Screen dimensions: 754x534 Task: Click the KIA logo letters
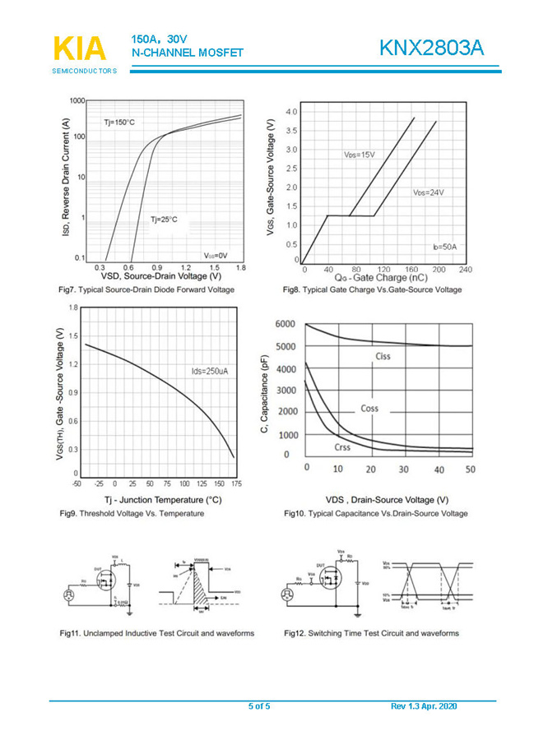(x=80, y=49)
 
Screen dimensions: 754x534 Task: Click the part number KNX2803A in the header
(x=431, y=49)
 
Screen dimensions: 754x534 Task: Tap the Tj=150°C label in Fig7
(x=118, y=123)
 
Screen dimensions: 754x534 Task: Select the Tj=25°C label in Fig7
(x=163, y=220)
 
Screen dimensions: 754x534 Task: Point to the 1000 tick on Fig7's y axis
(x=77, y=101)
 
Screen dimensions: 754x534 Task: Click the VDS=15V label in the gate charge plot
(x=359, y=155)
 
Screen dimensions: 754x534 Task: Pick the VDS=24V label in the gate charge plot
(x=428, y=192)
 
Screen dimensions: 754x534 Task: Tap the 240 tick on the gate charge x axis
(x=465, y=270)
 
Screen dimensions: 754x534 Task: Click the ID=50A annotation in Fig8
(x=444, y=247)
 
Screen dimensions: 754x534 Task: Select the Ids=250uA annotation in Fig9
(x=209, y=372)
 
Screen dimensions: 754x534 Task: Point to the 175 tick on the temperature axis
(x=237, y=484)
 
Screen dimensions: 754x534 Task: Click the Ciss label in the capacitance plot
(x=383, y=356)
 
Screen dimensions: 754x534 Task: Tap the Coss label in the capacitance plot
(x=369, y=409)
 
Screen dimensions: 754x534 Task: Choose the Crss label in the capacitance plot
(x=342, y=447)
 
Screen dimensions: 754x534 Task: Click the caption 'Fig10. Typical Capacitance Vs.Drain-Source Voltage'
(x=375, y=514)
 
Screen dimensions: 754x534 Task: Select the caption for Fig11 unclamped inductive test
(x=156, y=633)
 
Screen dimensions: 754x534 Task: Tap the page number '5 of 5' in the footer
(x=259, y=707)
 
